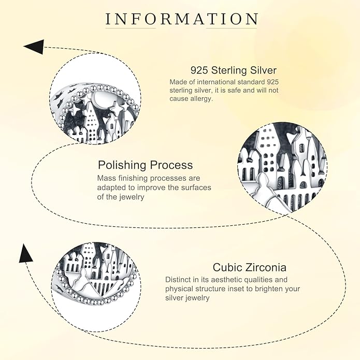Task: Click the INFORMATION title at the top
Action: point(182,19)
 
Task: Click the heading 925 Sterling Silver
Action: point(234,70)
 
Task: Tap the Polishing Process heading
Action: point(146,165)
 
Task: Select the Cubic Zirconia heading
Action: point(250,267)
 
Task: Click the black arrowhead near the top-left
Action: point(34,47)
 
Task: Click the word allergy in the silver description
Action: point(200,99)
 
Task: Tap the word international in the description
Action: point(217,82)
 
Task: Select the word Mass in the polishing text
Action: point(106,178)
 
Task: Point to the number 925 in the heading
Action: point(199,70)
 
